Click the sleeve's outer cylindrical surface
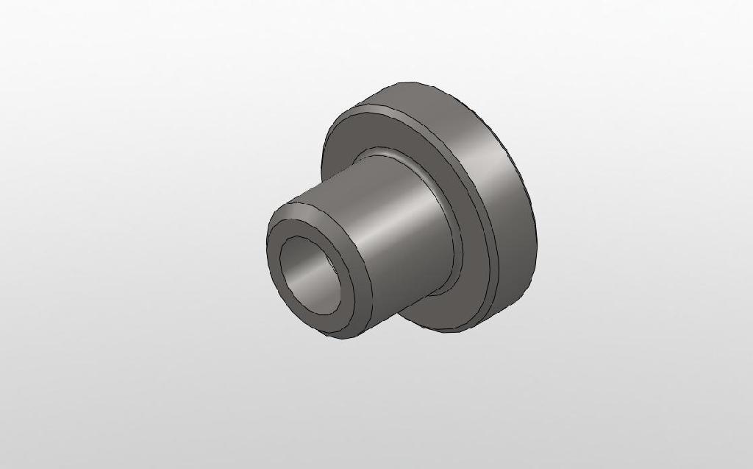point(397,243)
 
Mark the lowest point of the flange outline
point(456,332)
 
